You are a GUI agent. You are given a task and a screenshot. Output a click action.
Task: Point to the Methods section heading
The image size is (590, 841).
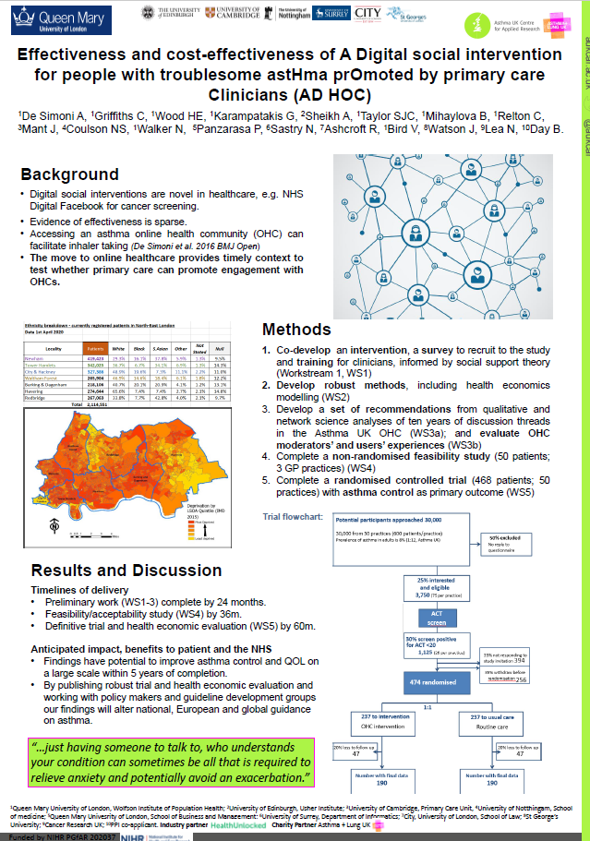[296, 330]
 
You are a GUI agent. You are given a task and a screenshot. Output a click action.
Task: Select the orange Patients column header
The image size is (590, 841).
[93, 349]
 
